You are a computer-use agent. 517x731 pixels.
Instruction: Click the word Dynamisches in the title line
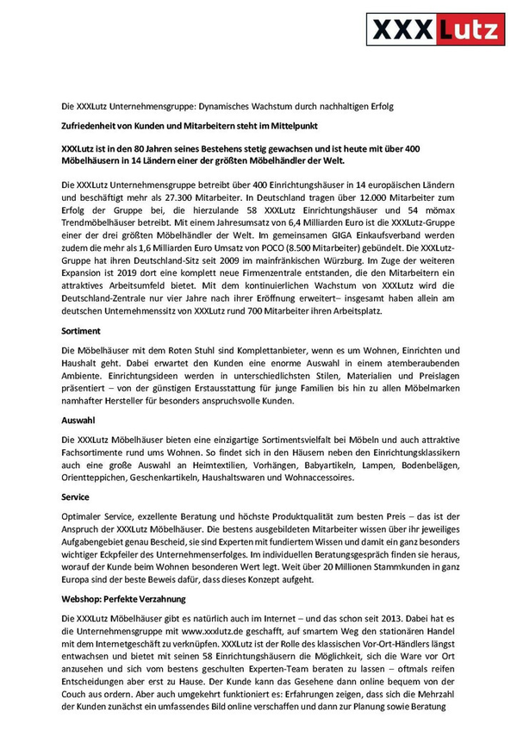click(224, 106)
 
